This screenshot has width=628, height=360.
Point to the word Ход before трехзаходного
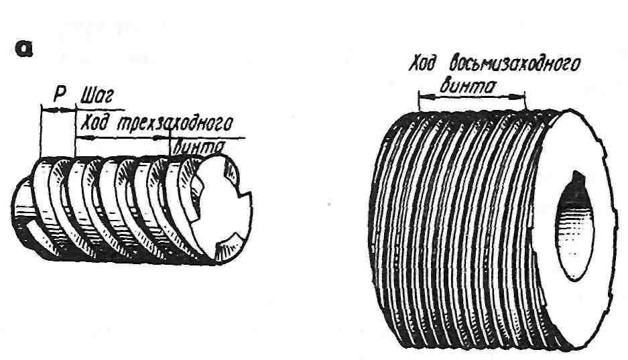pos(95,123)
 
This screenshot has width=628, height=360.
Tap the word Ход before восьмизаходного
pos(424,65)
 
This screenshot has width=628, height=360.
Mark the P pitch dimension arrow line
pos(58,109)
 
